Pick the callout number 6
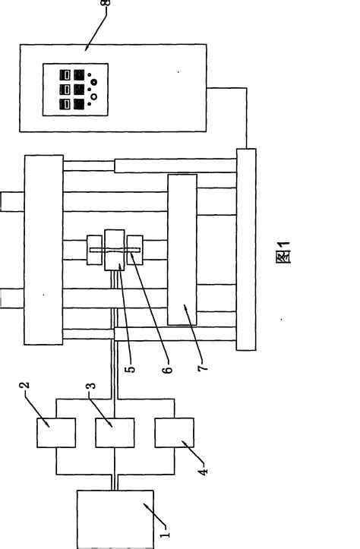pyautogui.click(x=168, y=371)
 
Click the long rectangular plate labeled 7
pyautogui.click(x=182, y=250)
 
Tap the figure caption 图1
pyautogui.click(x=284, y=253)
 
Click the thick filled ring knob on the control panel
pyautogui.click(x=93, y=81)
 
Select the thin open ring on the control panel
pyautogui.click(x=94, y=96)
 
